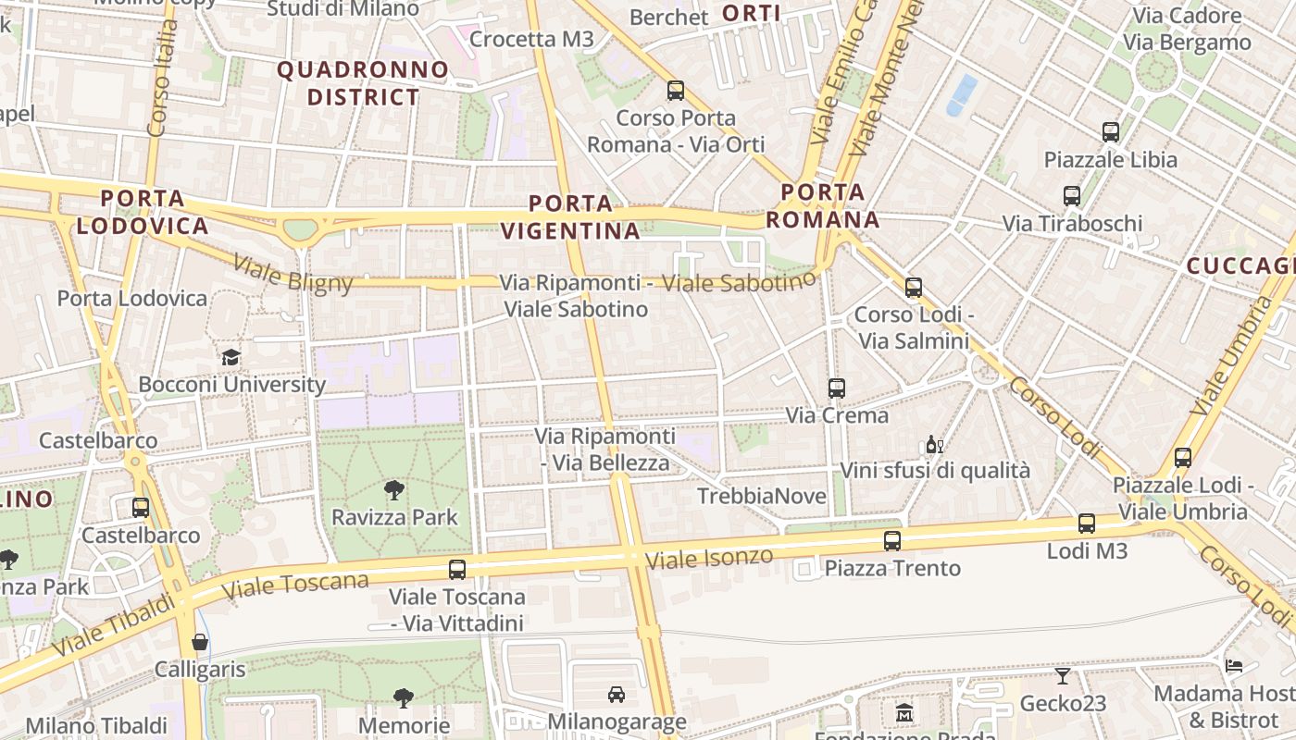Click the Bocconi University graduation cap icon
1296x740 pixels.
pos(230,357)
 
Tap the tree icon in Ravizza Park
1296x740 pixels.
pos(394,490)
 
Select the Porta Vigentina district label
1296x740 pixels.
pos(571,217)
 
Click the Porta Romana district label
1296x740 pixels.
pos(823,206)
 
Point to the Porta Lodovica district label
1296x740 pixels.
pos(143,212)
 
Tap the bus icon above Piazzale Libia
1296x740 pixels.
pos(1111,132)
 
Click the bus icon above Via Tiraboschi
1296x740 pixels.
pos(1072,196)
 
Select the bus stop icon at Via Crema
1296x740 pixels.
pos(837,388)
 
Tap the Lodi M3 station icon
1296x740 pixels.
pos(1087,524)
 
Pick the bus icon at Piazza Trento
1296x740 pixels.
pos(892,541)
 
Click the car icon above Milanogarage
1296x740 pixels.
pos(617,694)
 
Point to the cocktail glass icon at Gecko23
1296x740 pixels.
pos(1063,676)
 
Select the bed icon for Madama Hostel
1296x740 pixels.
pos(1234,665)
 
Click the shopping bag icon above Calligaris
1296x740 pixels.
pos(200,642)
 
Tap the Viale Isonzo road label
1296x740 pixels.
pos(709,558)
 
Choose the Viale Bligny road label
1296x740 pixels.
pos(293,274)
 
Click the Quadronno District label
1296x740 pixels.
pos(363,83)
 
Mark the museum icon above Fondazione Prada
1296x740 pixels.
pos(904,713)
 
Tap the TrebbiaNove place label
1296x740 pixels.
pos(761,497)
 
